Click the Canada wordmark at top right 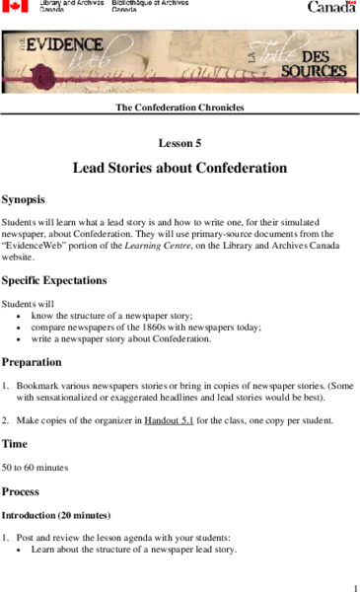(331, 7)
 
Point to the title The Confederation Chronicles (180, 107)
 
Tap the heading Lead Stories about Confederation (180, 168)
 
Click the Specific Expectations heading (67, 280)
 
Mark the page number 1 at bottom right (352, 585)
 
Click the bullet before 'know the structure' (19, 316)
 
